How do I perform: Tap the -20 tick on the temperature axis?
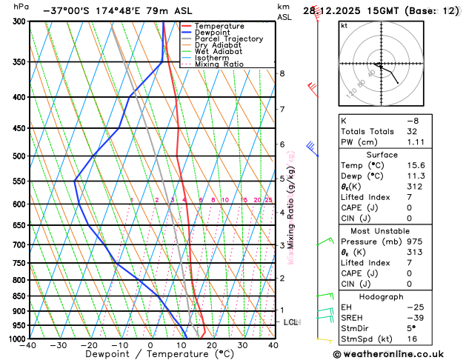(x=89, y=345)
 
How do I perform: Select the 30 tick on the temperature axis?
(x=242, y=345)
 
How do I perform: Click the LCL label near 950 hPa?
(x=290, y=322)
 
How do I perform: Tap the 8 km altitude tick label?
(x=282, y=73)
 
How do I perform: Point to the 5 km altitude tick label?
(x=282, y=179)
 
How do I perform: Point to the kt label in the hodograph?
(x=344, y=25)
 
